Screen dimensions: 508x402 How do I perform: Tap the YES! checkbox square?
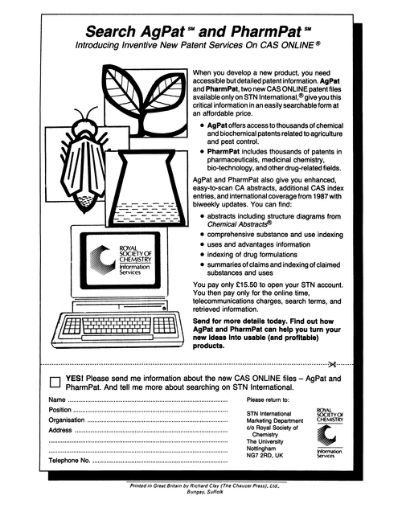[x=55, y=382]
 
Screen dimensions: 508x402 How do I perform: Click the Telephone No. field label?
[x=69, y=462]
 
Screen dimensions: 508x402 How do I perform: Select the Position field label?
[x=60, y=410]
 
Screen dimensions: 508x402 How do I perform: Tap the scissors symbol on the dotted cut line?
[x=341, y=362]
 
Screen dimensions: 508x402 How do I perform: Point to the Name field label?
[x=56, y=399]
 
